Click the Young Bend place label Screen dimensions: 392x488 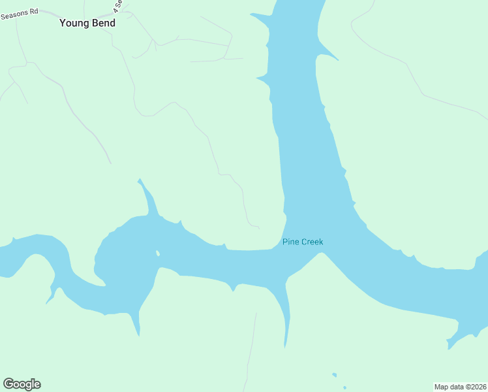click(x=87, y=23)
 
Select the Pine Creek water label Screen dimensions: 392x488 click(x=302, y=242)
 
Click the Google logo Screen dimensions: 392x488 click(x=22, y=384)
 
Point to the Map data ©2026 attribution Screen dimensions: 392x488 click(x=460, y=387)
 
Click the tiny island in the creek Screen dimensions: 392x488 click(x=157, y=253)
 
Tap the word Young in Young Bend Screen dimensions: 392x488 click(x=72, y=23)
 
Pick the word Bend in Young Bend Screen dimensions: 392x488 click(x=103, y=23)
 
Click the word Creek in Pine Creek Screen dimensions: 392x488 click(x=311, y=242)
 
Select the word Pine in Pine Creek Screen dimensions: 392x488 click(x=290, y=242)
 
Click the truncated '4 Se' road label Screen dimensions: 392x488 click(x=117, y=7)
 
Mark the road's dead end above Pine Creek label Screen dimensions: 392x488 click(x=259, y=229)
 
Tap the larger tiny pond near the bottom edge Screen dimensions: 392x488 click(x=334, y=375)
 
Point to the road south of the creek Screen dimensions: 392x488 click(x=251, y=353)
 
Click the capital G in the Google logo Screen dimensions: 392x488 click(x=8, y=384)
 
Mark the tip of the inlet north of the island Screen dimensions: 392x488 click(x=138, y=180)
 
